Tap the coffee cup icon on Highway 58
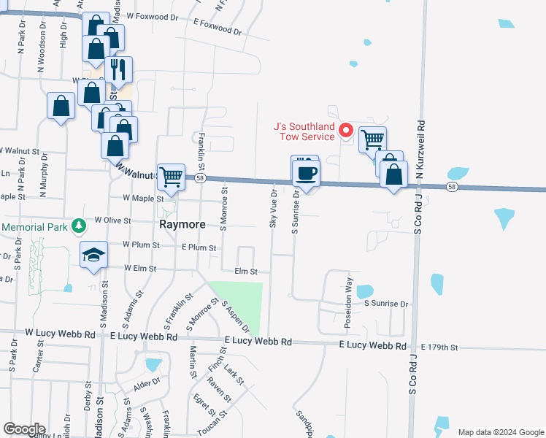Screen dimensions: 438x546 (x=305, y=174)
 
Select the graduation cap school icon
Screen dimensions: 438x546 (x=93, y=254)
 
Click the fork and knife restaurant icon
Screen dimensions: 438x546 (x=118, y=69)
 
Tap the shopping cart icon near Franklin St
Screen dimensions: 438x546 (x=171, y=176)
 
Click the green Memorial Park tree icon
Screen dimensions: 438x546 (x=78, y=226)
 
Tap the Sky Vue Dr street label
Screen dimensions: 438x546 (x=273, y=209)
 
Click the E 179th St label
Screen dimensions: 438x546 (x=439, y=347)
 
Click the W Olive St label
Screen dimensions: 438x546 (x=112, y=220)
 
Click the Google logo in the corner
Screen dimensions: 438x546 (x=24, y=429)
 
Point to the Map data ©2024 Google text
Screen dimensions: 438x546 (x=500, y=432)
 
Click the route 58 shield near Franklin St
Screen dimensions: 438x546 (x=199, y=177)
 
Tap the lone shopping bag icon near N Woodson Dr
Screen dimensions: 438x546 (x=61, y=106)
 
